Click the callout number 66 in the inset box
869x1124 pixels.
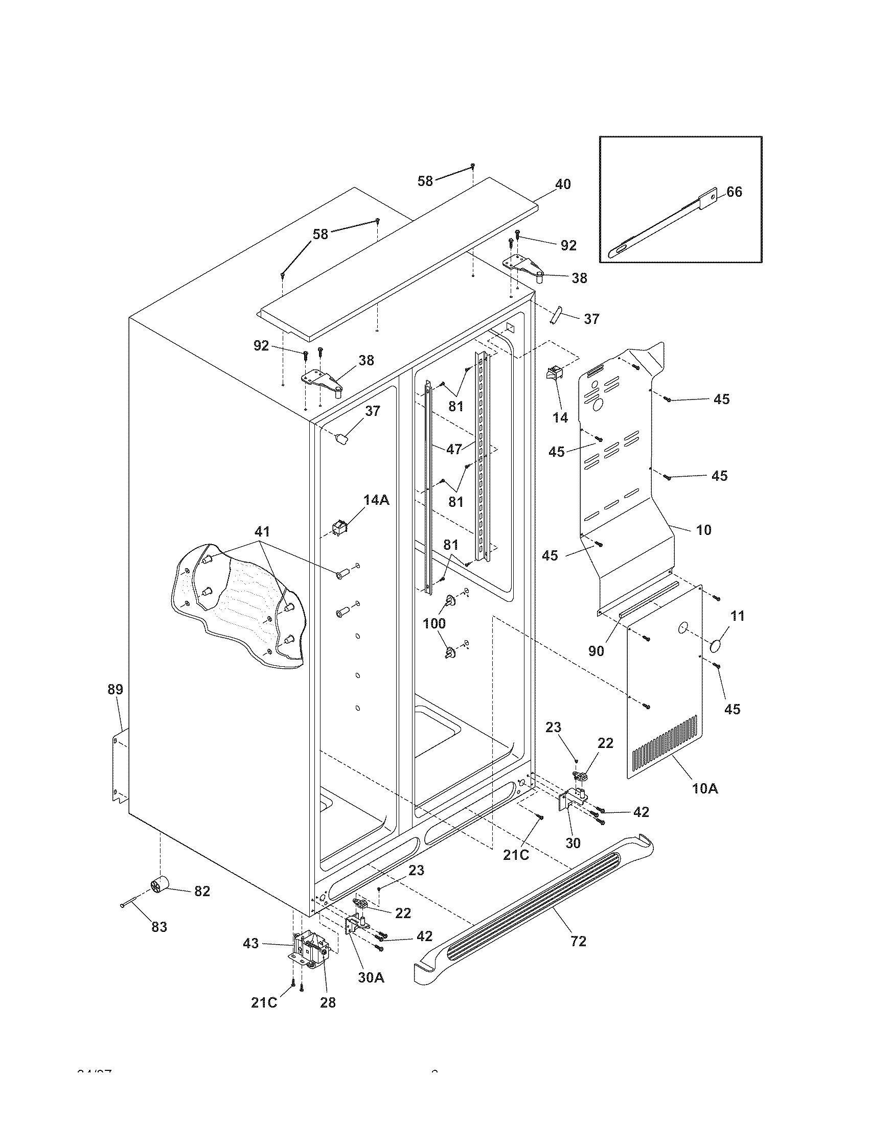click(735, 192)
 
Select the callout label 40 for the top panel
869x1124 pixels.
click(563, 184)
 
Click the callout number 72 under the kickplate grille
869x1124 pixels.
click(578, 941)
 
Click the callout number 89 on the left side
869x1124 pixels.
click(116, 689)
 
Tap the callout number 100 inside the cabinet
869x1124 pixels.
click(434, 624)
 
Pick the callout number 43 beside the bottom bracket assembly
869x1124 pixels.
click(250, 944)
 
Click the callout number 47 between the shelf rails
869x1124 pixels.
click(454, 449)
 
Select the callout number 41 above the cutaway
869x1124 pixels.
click(263, 531)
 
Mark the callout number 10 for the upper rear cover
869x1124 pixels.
click(703, 530)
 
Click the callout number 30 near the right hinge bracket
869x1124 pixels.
click(573, 842)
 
